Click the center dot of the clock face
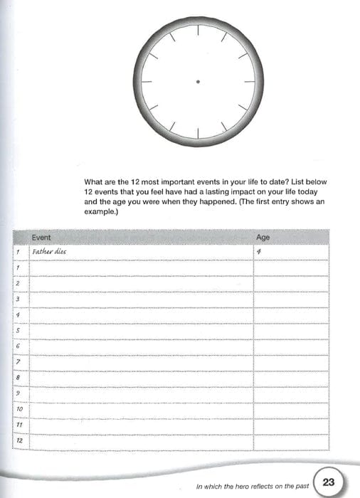(198, 83)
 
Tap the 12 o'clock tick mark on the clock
(198, 33)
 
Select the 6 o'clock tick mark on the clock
(198, 132)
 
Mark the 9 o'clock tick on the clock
(148, 83)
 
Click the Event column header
(42, 237)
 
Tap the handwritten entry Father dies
(49, 251)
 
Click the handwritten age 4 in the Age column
(260, 251)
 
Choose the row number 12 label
(19, 442)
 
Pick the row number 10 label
(19, 409)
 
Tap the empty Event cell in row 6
(141, 346)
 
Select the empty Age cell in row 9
(292, 393)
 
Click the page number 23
(329, 482)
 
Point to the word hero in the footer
(250, 487)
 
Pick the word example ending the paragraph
(99, 212)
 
